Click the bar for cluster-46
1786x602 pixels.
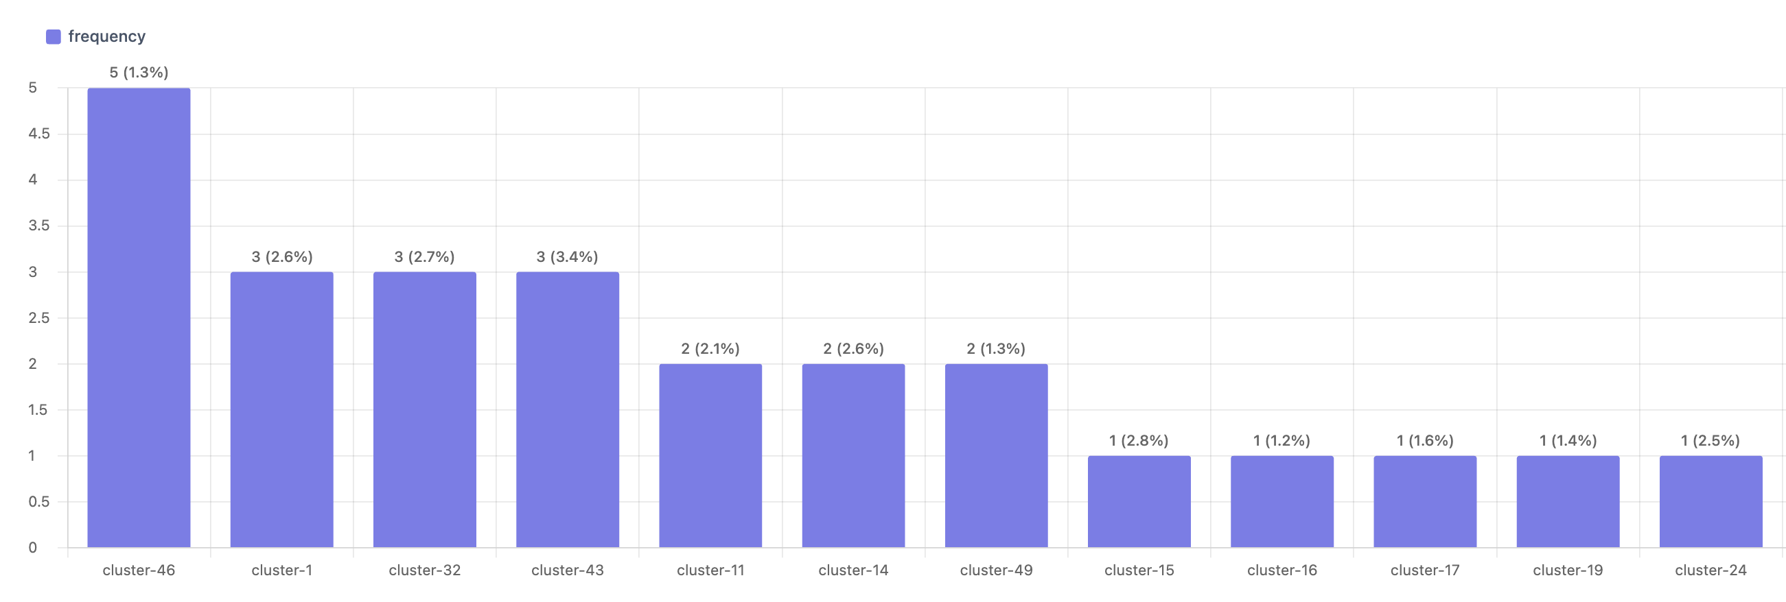click(x=139, y=317)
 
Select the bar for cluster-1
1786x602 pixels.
click(x=281, y=409)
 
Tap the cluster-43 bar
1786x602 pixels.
click(x=567, y=409)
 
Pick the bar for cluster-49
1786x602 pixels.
click(x=995, y=455)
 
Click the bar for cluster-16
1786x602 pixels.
click(x=1281, y=501)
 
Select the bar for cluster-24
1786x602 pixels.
click(x=1710, y=501)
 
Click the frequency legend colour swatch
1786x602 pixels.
click(x=54, y=37)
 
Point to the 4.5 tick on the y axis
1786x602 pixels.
click(x=39, y=134)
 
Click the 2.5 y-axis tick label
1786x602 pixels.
click(x=39, y=318)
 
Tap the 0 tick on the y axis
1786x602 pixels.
click(x=32, y=547)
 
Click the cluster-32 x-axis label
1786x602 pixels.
click(x=424, y=570)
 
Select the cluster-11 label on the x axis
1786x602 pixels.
click(x=710, y=570)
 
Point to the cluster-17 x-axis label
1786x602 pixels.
click(x=1424, y=570)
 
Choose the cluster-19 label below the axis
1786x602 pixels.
click(x=1567, y=570)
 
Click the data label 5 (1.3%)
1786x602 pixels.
click(x=139, y=73)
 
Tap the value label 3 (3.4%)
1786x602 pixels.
click(x=567, y=257)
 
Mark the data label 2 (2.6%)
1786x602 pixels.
click(x=853, y=348)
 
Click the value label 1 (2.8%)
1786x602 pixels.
click(x=1139, y=441)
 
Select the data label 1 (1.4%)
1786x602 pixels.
click(x=1567, y=441)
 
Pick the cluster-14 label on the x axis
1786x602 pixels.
click(x=853, y=570)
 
